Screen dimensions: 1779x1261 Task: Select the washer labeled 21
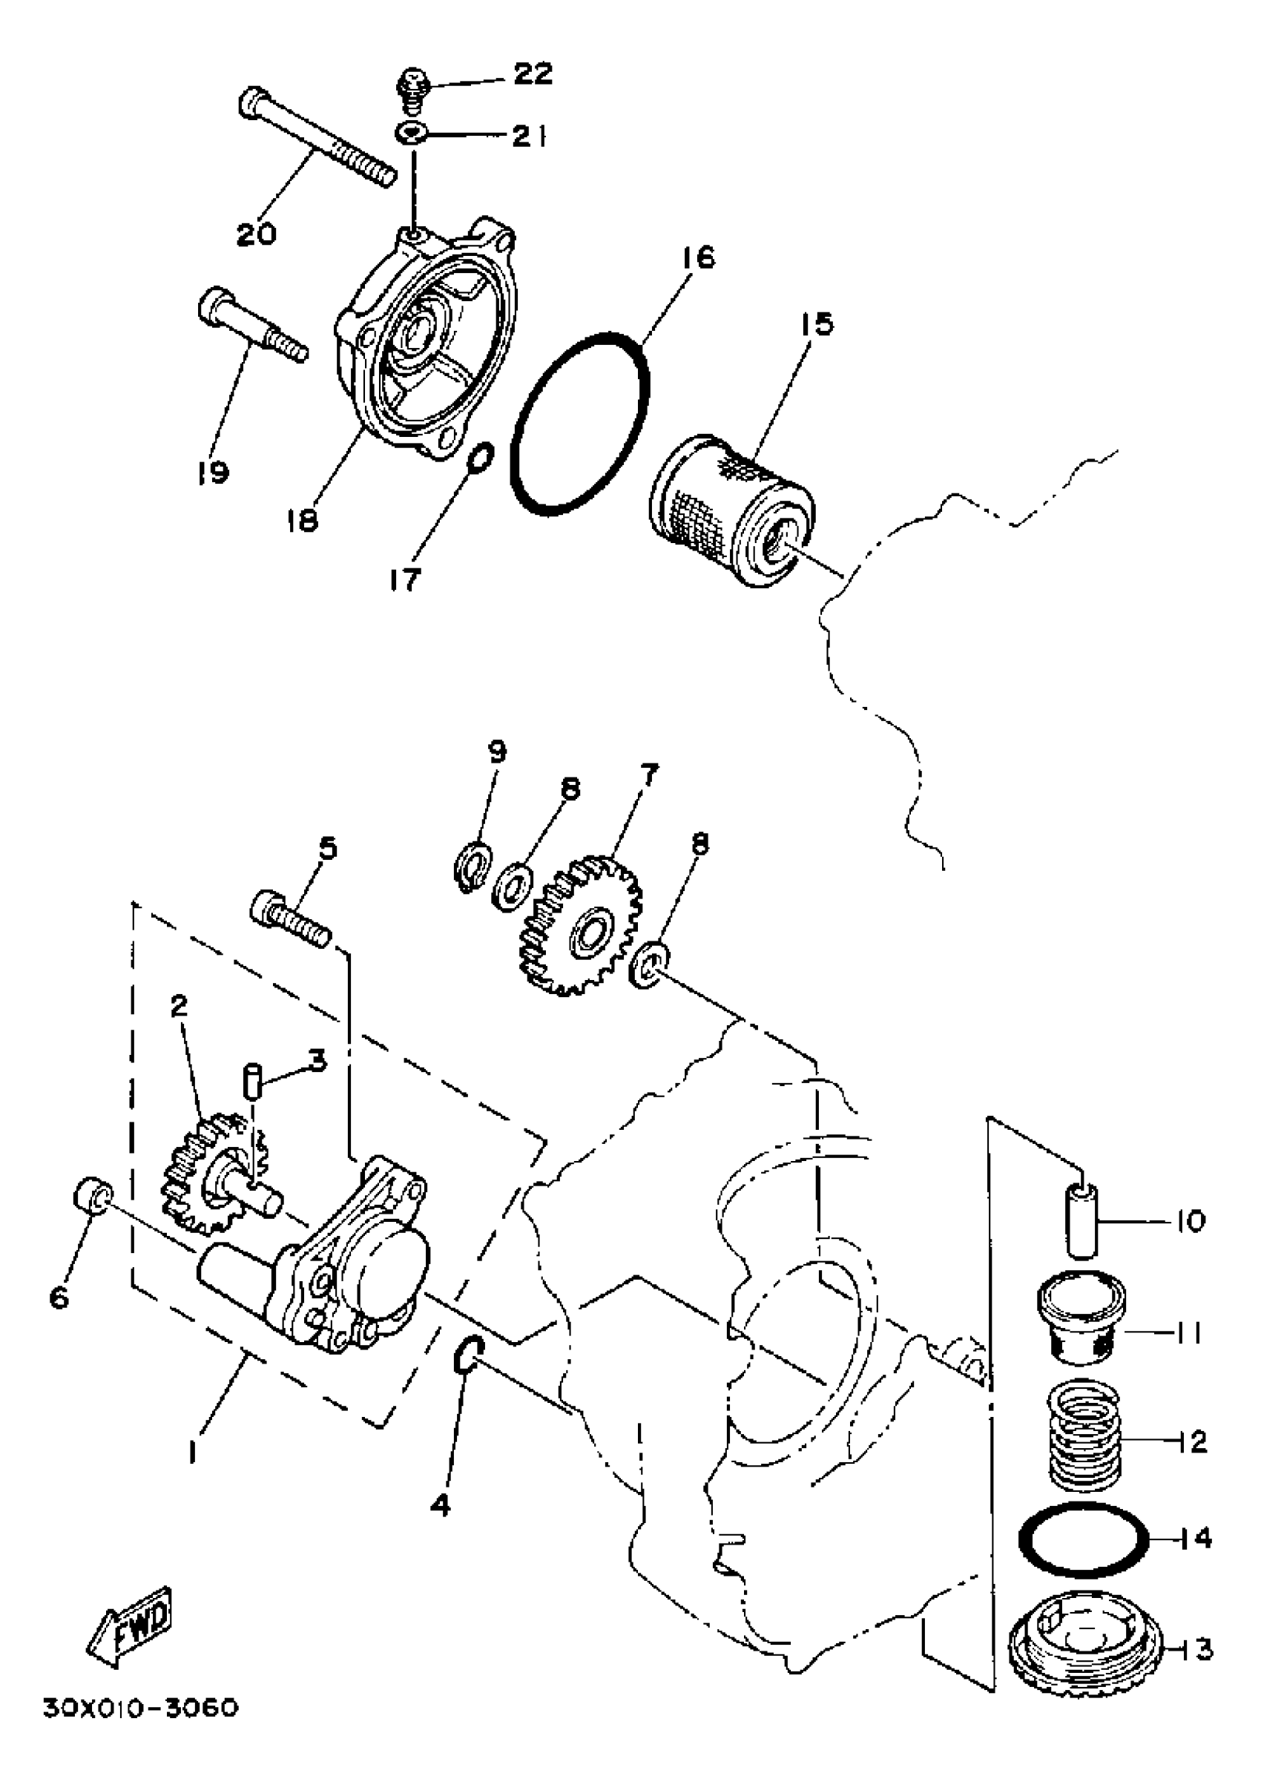point(410,134)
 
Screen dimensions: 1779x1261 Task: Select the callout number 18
point(301,519)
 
